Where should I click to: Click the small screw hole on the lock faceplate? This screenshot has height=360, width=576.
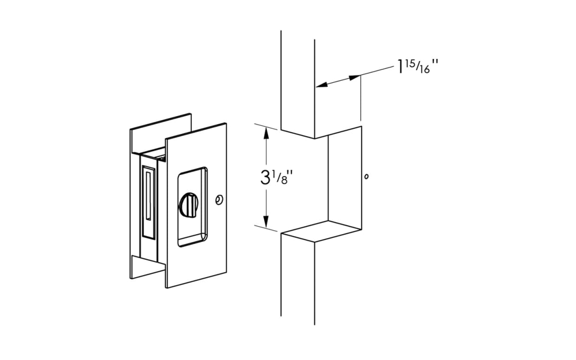tap(218, 200)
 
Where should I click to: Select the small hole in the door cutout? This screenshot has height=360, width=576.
tap(367, 177)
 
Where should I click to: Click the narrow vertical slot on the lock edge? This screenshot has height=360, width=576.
tap(148, 195)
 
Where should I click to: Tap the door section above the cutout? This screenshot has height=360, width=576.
tap(298, 84)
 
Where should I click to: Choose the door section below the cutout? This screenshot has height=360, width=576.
tap(298, 279)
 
